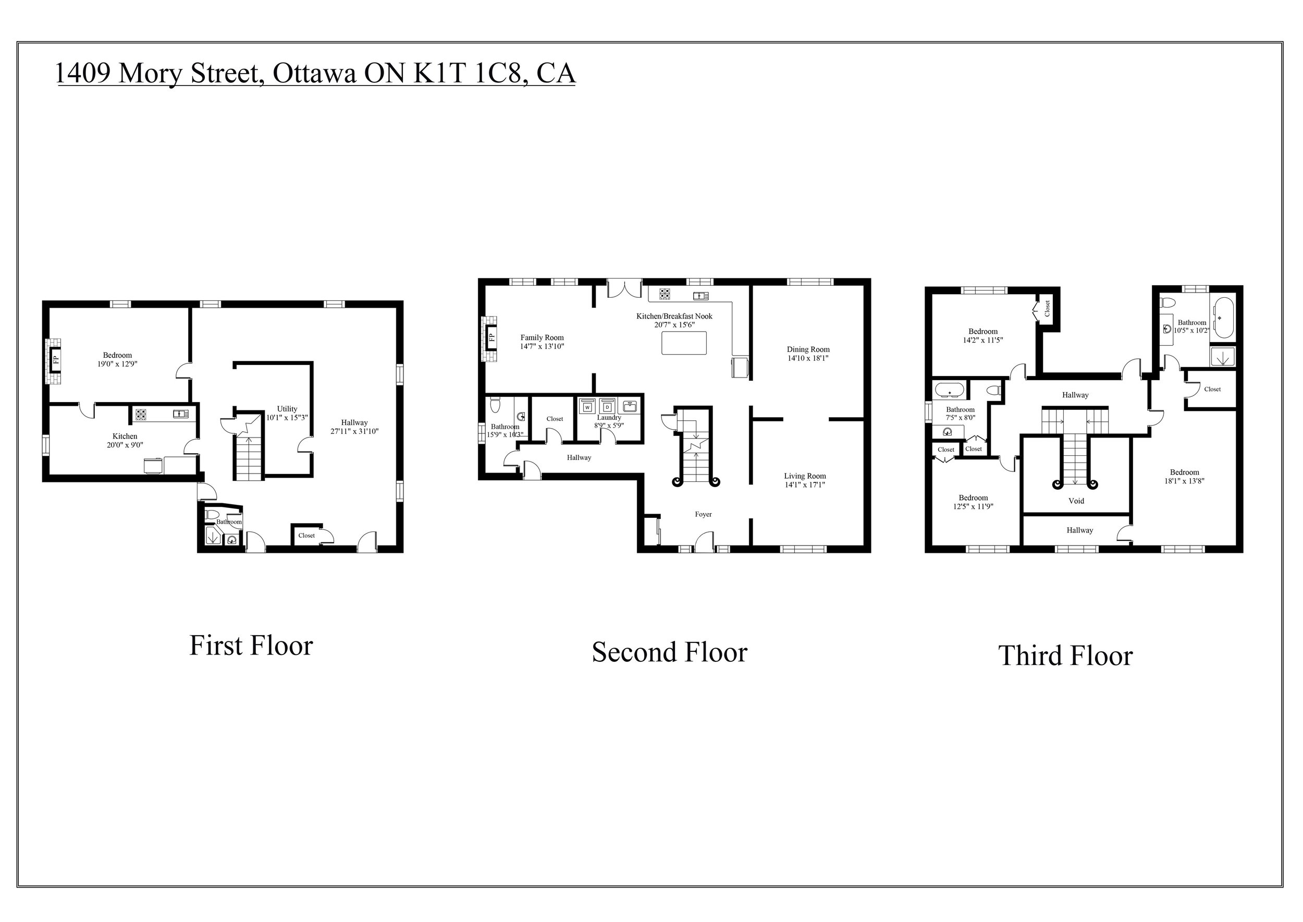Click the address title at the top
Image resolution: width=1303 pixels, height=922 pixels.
[315, 72]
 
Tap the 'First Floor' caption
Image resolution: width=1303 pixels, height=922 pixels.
[251, 646]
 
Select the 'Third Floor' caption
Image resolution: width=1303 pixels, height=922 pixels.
[1065, 656]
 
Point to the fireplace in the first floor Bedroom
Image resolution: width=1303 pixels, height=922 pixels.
[56, 359]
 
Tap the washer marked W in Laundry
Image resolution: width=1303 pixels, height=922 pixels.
[588, 407]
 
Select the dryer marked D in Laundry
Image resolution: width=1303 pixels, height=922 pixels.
[607, 407]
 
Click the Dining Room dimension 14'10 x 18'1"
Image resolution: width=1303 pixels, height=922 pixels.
[808, 358]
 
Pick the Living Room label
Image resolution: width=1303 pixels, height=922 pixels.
[805, 476]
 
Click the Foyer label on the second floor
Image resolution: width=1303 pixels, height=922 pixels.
[703, 514]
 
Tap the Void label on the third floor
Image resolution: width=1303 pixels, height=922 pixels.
[1076, 501]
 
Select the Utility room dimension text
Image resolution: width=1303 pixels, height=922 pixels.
[287, 417]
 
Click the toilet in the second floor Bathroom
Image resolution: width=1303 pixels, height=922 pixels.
[495, 405]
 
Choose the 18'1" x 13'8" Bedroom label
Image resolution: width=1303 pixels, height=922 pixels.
[1184, 476]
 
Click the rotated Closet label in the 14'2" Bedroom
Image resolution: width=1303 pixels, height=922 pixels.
[1047, 308]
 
